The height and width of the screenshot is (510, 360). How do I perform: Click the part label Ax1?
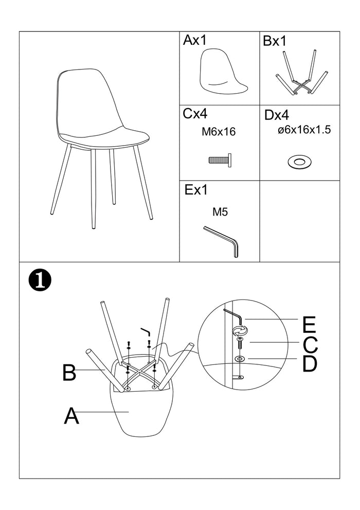click(194, 41)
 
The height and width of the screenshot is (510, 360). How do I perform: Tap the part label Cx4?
click(195, 114)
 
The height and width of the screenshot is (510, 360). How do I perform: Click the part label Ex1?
click(196, 190)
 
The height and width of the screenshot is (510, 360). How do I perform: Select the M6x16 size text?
click(218, 132)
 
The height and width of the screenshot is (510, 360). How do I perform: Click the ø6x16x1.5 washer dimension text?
click(304, 130)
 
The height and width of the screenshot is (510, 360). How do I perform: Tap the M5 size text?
click(220, 212)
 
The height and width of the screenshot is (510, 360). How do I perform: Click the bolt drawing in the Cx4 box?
click(220, 160)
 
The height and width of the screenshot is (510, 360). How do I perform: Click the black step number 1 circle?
click(39, 280)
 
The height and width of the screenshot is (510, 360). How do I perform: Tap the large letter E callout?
click(309, 325)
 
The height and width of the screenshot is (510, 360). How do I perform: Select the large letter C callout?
click(310, 345)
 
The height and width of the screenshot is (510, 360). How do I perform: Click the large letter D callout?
click(310, 364)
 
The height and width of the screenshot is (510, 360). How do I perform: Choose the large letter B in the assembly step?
click(69, 373)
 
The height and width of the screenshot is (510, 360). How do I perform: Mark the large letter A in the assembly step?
click(71, 416)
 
